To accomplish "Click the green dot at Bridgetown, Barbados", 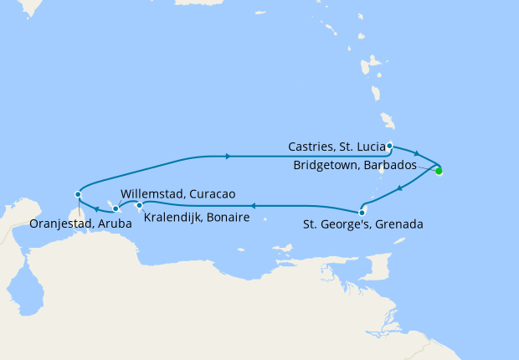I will (x=439, y=171).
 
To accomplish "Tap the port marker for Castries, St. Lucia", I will (x=390, y=146).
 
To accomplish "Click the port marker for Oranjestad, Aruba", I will (x=78, y=194).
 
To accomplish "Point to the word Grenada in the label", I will (x=399, y=224).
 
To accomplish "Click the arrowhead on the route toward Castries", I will (x=227, y=155).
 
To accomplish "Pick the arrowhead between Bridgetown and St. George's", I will (x=400, y=188).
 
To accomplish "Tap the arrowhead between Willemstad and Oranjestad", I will (x=97, y=208).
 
